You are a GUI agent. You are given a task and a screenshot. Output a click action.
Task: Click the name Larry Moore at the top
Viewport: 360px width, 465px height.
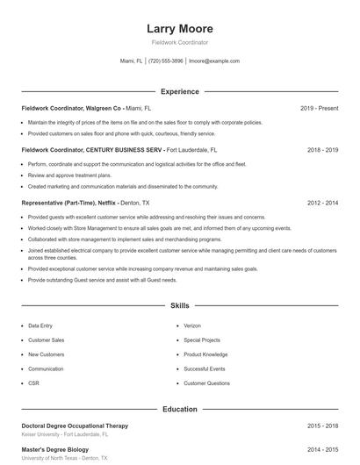click(x=179, y=29)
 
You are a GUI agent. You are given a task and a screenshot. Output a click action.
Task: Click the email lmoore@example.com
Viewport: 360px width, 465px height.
click(x=213, y=61)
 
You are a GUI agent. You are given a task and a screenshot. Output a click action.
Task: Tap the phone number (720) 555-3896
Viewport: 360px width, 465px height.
click(x=166, y=61)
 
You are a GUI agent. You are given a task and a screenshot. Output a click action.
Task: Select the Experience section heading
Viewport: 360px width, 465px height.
click(x=179, y=91)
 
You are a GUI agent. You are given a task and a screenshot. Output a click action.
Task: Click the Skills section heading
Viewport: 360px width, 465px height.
click(x=179, y=306)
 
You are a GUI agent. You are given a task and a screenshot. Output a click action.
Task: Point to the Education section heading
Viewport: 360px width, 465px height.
click(x=179, y=409)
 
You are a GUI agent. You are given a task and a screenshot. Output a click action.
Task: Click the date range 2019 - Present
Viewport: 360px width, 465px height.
click(x=319, y=109)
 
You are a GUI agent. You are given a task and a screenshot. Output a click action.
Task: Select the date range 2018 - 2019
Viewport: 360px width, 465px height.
click(x=322, y=150)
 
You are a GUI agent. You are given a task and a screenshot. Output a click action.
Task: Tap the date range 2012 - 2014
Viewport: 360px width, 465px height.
click(x=322, y=203)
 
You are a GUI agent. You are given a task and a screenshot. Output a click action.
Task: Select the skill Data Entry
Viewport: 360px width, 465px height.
click(x=40, y=325)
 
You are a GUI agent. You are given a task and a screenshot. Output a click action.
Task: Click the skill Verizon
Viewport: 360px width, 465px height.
click(x=192, y=325)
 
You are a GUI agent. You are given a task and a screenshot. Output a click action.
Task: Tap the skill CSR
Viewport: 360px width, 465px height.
click(x=33, y=383)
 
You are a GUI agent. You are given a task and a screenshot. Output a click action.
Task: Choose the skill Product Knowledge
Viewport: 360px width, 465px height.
click(x=205, y=354)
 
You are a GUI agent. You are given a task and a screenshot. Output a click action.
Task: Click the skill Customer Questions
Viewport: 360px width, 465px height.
click(x=207, y=383)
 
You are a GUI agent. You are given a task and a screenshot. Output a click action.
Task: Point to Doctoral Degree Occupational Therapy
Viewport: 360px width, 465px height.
click(x=75, y=426)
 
